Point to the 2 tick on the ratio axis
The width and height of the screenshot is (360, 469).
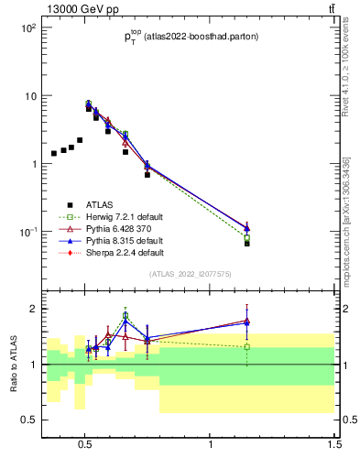[x=33, y=309]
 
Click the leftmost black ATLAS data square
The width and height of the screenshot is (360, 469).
[x=54, y=153]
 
